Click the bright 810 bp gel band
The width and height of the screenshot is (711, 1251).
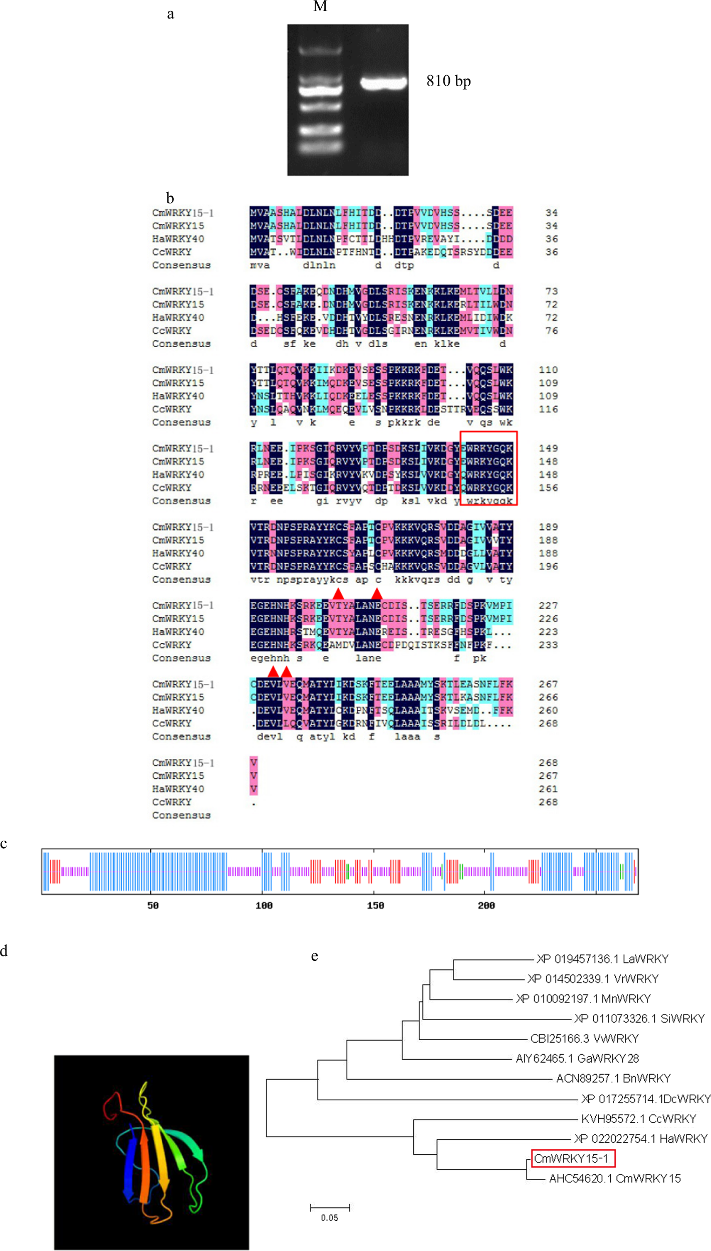(x=383, y=82)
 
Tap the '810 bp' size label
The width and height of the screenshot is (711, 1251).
(x=448, y=81)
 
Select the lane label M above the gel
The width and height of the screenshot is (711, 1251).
(x=320, y=6)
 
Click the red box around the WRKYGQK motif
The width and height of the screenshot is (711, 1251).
(x=489, y=468)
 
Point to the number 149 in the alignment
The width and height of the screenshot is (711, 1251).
(x=548, y=448)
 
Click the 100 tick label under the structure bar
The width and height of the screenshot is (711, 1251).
(x=264, y=905)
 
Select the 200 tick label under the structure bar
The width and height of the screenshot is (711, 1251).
(x=486, y=905)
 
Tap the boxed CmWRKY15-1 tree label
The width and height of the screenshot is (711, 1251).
(x=573, y=1158)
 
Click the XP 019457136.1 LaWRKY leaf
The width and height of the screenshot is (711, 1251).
(x=602, y=959)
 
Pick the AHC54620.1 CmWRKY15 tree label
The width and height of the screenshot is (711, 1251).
(x=614, y=1178)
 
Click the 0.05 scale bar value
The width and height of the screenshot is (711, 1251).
(x=330, y=1217)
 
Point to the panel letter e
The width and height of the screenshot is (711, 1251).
(x=314, y=956)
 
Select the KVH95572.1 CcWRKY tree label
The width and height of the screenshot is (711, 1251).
(x=638, y=1119)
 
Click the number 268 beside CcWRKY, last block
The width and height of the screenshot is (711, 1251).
(x=548, y=802)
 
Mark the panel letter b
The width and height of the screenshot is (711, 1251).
(x=170, y=198)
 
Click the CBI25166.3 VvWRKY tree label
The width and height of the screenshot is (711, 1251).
(x=584, y=1039)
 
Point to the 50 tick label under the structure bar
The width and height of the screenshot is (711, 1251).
(x=153, y=905)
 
